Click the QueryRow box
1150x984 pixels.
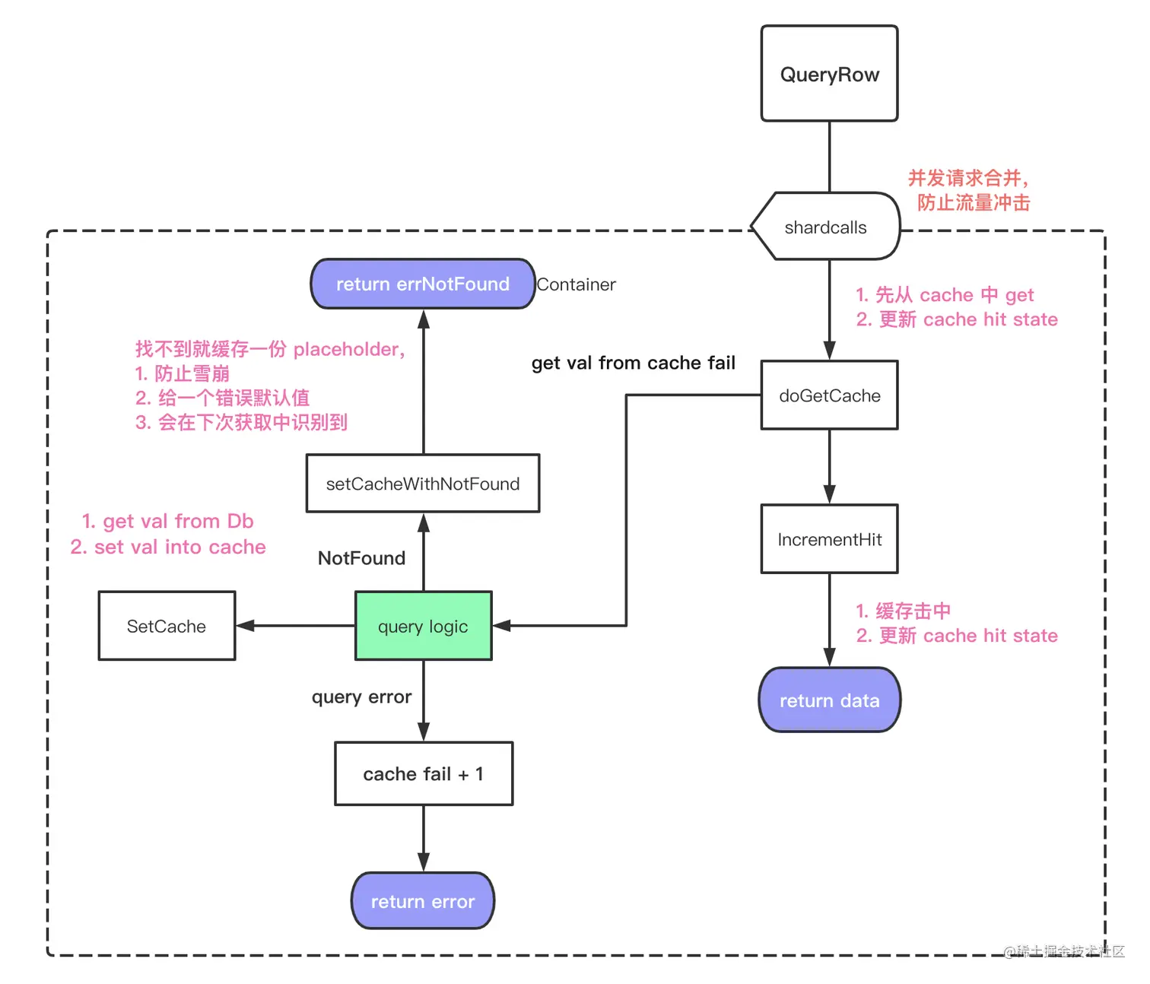click(829, 74)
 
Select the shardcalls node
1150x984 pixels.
click(826, 227)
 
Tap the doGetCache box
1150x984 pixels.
click(829, 395)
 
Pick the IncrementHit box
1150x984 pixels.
click(829, 539)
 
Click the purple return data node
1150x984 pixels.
click(829, 700)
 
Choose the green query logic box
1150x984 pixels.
click(423, 626)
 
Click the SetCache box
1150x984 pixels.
click(167, 626)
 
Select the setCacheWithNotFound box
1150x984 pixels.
click(423, 484)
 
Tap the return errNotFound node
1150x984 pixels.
click(423, 284)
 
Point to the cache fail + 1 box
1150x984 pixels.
click(424, 773)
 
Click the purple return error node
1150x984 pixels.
click(423, 901)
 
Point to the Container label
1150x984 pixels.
click(577, 284)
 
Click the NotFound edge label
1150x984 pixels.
click(361, 558)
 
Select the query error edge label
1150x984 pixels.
click(361, 697)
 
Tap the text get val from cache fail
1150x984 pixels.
click(633, 363)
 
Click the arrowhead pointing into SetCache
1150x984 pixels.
click(245, 626)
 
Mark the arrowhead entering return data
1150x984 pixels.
click(829, 658)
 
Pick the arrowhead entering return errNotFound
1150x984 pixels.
click(424, 319)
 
